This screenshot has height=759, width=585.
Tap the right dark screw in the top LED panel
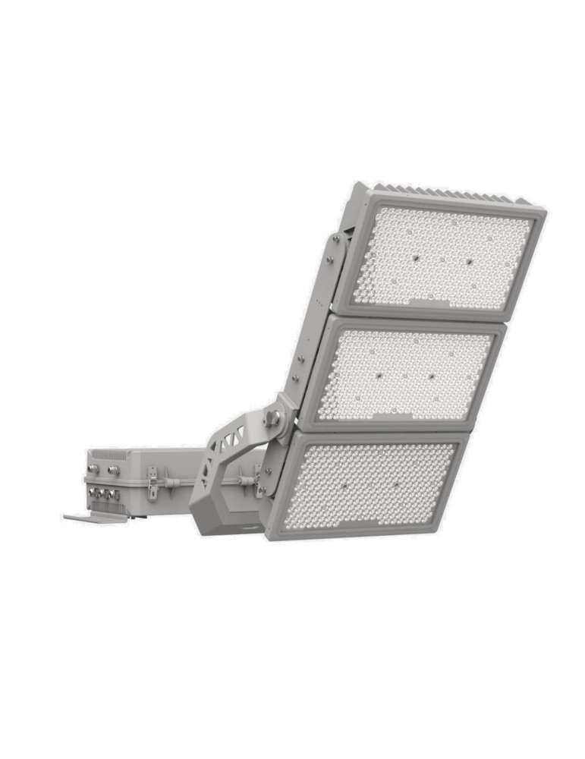click(x=470, y=262)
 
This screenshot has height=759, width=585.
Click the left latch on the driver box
click(x=153, y=483)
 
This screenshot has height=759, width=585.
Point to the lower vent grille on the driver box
click(x=107, y=505)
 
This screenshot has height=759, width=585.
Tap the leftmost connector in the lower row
click(x=93, y=493)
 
